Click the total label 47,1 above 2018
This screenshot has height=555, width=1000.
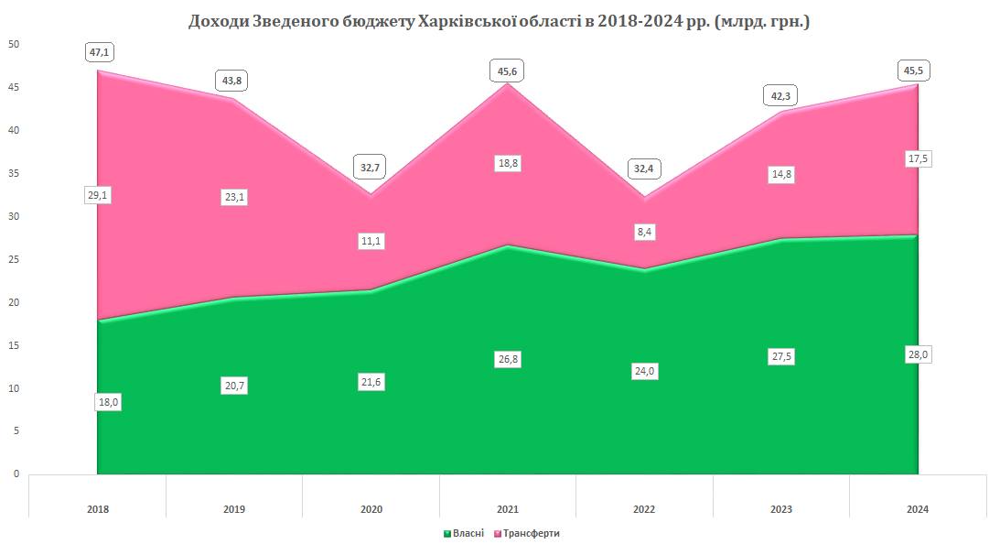click(98, 52)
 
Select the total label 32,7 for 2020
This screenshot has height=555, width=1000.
click(371, 169)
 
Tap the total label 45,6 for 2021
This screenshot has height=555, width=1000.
click(508, 70)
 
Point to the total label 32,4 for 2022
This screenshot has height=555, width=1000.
click(644, 169)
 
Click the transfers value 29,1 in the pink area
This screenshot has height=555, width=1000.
click(98, 195)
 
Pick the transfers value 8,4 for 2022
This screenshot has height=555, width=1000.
click(644, 233)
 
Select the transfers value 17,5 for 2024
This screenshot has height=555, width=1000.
click(918, 158)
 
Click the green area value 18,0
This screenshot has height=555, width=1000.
click(109, 401)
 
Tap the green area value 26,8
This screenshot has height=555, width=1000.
click(508, 359)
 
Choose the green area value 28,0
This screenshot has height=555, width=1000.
click(918, 354)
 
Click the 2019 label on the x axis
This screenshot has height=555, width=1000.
click(234, 509)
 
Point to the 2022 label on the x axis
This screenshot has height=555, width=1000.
click(644, 509)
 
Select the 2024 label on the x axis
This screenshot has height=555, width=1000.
click(918, 509)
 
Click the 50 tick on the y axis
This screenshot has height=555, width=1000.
click(14, 45)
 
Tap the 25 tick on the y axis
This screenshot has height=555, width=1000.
click(14, 260)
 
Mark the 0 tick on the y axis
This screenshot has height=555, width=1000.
click(16, 474)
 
